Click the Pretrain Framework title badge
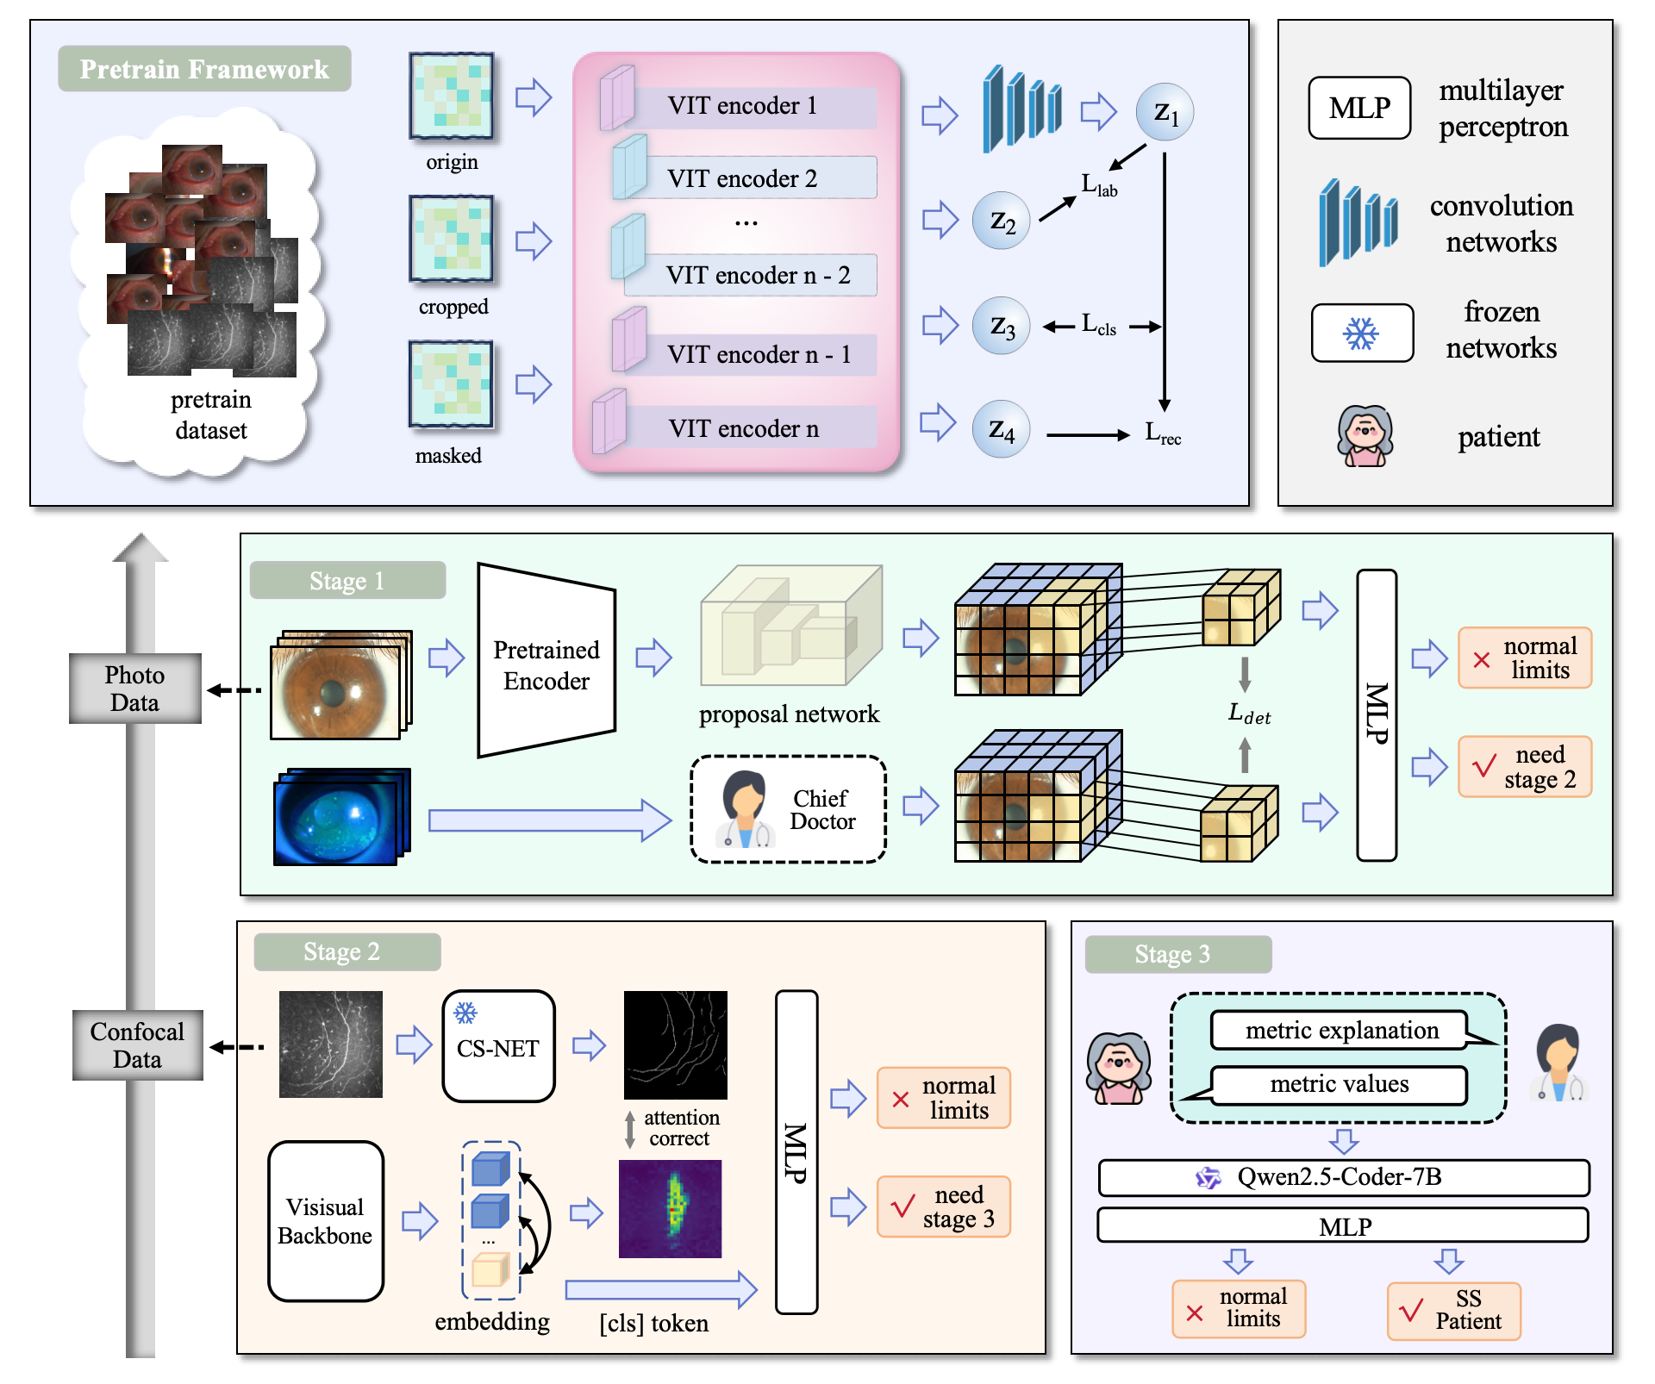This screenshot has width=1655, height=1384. [204, 69]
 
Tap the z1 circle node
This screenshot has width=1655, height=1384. [1165, 112]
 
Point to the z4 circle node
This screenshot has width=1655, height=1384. [1001, 428]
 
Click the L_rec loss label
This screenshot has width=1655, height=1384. [1162, 433]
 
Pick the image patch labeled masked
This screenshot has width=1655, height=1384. [451, 384]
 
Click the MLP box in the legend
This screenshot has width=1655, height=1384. [1359, 108]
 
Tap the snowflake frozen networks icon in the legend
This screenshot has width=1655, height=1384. [1362, 333]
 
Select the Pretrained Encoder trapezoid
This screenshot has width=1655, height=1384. [546, 662]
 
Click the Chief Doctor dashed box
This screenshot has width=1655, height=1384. [788, 809]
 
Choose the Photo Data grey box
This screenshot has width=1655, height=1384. [135, 688]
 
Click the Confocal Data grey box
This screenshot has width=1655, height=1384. [138, 1044]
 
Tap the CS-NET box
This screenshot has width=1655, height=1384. [498, 1046]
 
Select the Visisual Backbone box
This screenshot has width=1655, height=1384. [326, 1220]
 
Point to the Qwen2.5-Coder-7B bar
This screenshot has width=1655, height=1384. [1343, 1177]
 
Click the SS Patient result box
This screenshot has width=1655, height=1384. [1453, 1311]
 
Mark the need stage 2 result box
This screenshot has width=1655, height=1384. [1524, 766]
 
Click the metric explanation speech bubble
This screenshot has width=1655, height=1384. [1340, 1031]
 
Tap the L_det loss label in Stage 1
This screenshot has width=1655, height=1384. [1248, 714]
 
